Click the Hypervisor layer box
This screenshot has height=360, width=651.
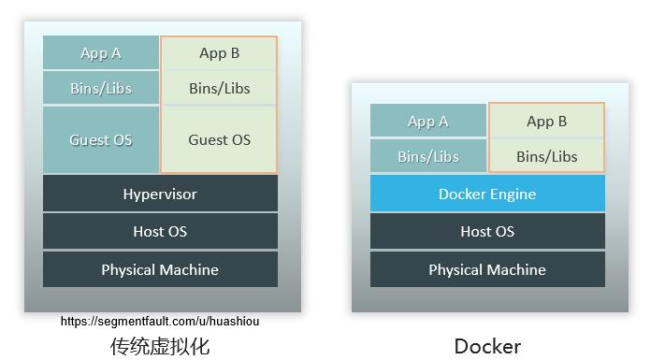[160, 194]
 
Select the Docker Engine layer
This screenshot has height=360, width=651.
[487, 194]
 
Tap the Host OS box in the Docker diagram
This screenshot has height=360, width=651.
[487, 231]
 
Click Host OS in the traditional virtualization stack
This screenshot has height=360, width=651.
[160, 231]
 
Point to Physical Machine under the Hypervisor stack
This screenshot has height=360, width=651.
[160, 269]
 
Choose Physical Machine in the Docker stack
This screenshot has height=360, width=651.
[487, 269]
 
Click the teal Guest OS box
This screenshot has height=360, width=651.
[101, 140]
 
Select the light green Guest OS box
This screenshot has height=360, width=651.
[220, 140]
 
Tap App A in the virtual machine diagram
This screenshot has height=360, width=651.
[101, 53]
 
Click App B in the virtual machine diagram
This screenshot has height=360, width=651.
[220, 53]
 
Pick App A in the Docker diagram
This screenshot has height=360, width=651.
[428, 121]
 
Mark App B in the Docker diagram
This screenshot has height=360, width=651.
[547, 121]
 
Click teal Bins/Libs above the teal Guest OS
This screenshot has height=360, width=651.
[101, 89]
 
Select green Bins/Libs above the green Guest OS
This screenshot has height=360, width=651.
[220, 89]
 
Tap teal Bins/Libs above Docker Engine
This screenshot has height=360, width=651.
[428, 156]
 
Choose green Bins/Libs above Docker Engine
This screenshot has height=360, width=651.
[547, 156]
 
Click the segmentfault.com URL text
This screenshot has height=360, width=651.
[160, 321]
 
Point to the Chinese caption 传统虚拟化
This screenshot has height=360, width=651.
[160, 346]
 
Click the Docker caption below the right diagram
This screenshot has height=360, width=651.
[487, 346]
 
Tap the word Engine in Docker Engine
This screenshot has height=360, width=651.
[514, 194]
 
